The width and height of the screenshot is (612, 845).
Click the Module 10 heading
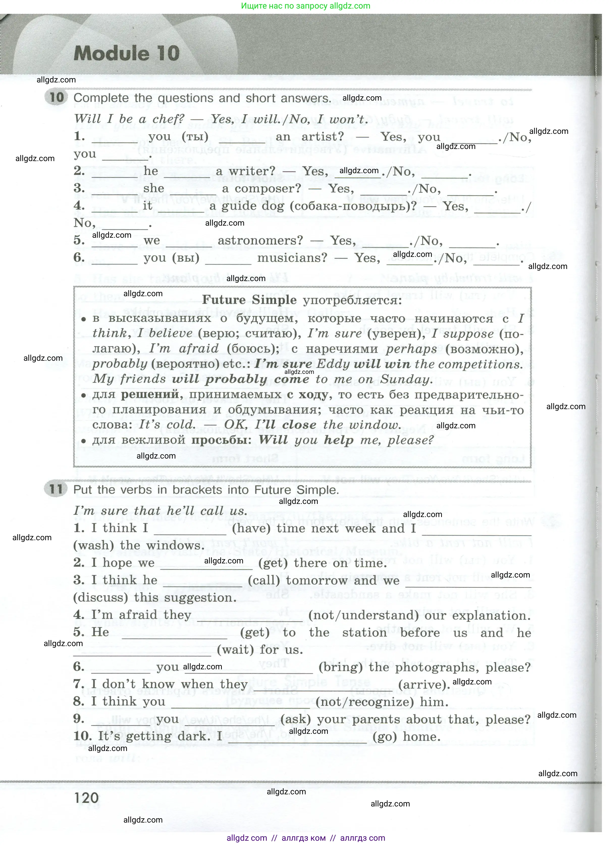(127, 53)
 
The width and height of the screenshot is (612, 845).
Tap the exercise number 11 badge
(56, 489)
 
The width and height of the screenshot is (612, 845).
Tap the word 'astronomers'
(260, 241)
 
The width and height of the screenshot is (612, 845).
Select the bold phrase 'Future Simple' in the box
(249, 300)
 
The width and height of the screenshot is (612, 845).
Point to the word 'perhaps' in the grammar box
(411, 349)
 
